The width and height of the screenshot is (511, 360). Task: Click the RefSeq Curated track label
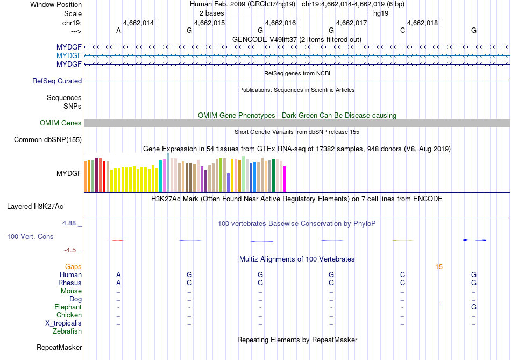pyautogui.click(x=57, y=81)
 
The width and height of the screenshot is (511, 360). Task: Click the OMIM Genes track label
pyautogui.click(x=60, y=123)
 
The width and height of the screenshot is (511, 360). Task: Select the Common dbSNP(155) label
pyautogui.click(x=47, y=140)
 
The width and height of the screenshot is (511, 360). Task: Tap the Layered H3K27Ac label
pyautogui.click(x=42, y=206)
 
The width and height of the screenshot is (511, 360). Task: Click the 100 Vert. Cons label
pyautogui.click(x=30, y=236)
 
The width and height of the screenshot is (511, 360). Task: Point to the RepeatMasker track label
pyautogui.click(x=59, y=348)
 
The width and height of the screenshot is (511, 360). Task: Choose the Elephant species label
pyautogui.click(x=68, y=307)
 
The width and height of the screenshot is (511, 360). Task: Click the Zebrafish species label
pyautogui.click(x=67, y=331)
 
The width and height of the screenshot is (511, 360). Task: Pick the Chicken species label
pyautogui.click(x=69, y=315)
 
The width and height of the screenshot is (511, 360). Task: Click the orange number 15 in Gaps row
pyautogui.click(x=439, y=266)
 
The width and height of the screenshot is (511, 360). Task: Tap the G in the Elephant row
pyautogui.click(x=473, y=307)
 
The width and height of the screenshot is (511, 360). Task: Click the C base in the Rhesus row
pyautogui.click(x=402, y=283)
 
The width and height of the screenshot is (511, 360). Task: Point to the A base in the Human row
pyautogui.click(x=118, y=274)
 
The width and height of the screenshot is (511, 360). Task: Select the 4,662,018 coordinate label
pyautogui.click(x=422, y=23)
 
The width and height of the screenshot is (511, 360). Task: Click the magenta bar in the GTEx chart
pyautogui.click(x=285, y=178)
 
